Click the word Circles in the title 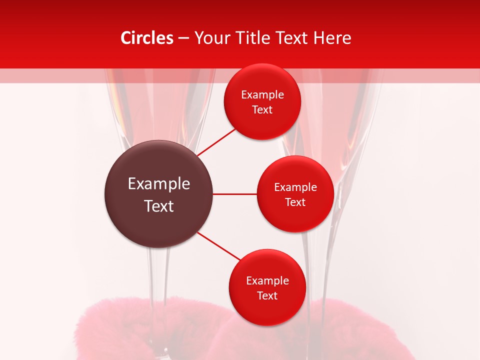point(146,38)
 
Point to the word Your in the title point(211,38)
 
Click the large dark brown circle point(158,194)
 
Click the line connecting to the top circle point(216,142)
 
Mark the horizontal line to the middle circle point(234,194)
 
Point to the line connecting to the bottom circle point(219,246)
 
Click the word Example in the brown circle point(158,184)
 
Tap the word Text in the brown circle point(158,206)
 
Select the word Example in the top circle point(262,95)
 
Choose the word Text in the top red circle point(262,110)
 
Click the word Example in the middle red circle point(295,187)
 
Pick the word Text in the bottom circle point(267,296)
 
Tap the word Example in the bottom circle point(267,281)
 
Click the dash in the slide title point(183,38)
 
